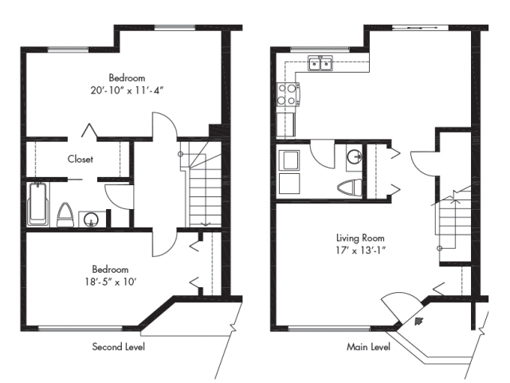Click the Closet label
80,159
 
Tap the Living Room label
360,238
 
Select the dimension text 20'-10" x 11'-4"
127,90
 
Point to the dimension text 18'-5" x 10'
111,282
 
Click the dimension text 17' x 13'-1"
361,251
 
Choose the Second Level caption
119,346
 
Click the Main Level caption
368,347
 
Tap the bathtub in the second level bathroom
38,204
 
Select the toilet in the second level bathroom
65,215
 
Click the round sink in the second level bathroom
90,220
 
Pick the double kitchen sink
320,63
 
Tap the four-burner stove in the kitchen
288,94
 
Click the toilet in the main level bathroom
349,188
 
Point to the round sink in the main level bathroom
354,157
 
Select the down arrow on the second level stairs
206,223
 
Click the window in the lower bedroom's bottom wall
80,329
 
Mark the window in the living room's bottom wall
329,329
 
